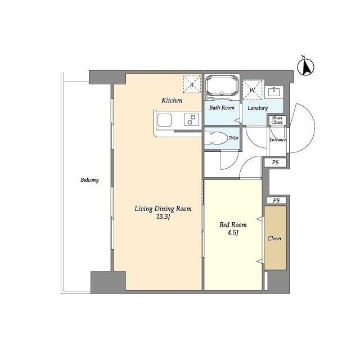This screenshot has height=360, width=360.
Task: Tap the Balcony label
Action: [89, 180]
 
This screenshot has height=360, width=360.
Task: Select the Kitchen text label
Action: [172, 101]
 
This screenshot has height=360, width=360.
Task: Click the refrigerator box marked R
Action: [191, 84]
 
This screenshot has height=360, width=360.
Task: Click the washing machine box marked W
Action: [251, 89]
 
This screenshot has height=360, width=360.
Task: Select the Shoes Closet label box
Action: [277, 120]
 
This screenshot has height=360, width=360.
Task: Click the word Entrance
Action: [277, 140]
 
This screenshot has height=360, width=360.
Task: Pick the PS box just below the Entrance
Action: [275, 163]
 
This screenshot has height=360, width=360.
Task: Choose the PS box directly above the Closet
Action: [276, 200]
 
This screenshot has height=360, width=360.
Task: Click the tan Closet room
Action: [275, 237]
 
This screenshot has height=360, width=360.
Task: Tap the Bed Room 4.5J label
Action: [232, 229]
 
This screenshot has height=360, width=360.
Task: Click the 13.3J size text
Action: [163, 217]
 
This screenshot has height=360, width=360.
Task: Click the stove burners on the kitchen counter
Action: [192, 120]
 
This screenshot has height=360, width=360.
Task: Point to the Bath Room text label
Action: [222, 107]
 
